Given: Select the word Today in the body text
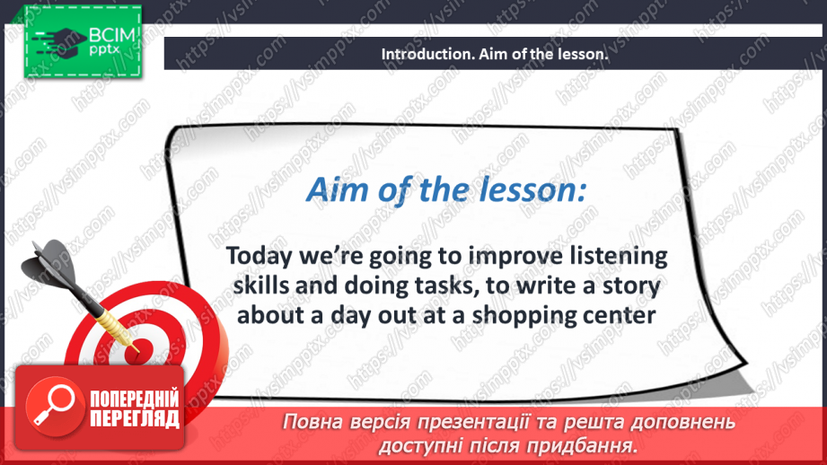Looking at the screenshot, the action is tap(259, 257).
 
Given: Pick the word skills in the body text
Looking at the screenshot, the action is tap(261, 285).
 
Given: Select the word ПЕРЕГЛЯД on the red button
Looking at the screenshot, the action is tap(135, 418).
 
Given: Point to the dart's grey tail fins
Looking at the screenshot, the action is tap(50, 263).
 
